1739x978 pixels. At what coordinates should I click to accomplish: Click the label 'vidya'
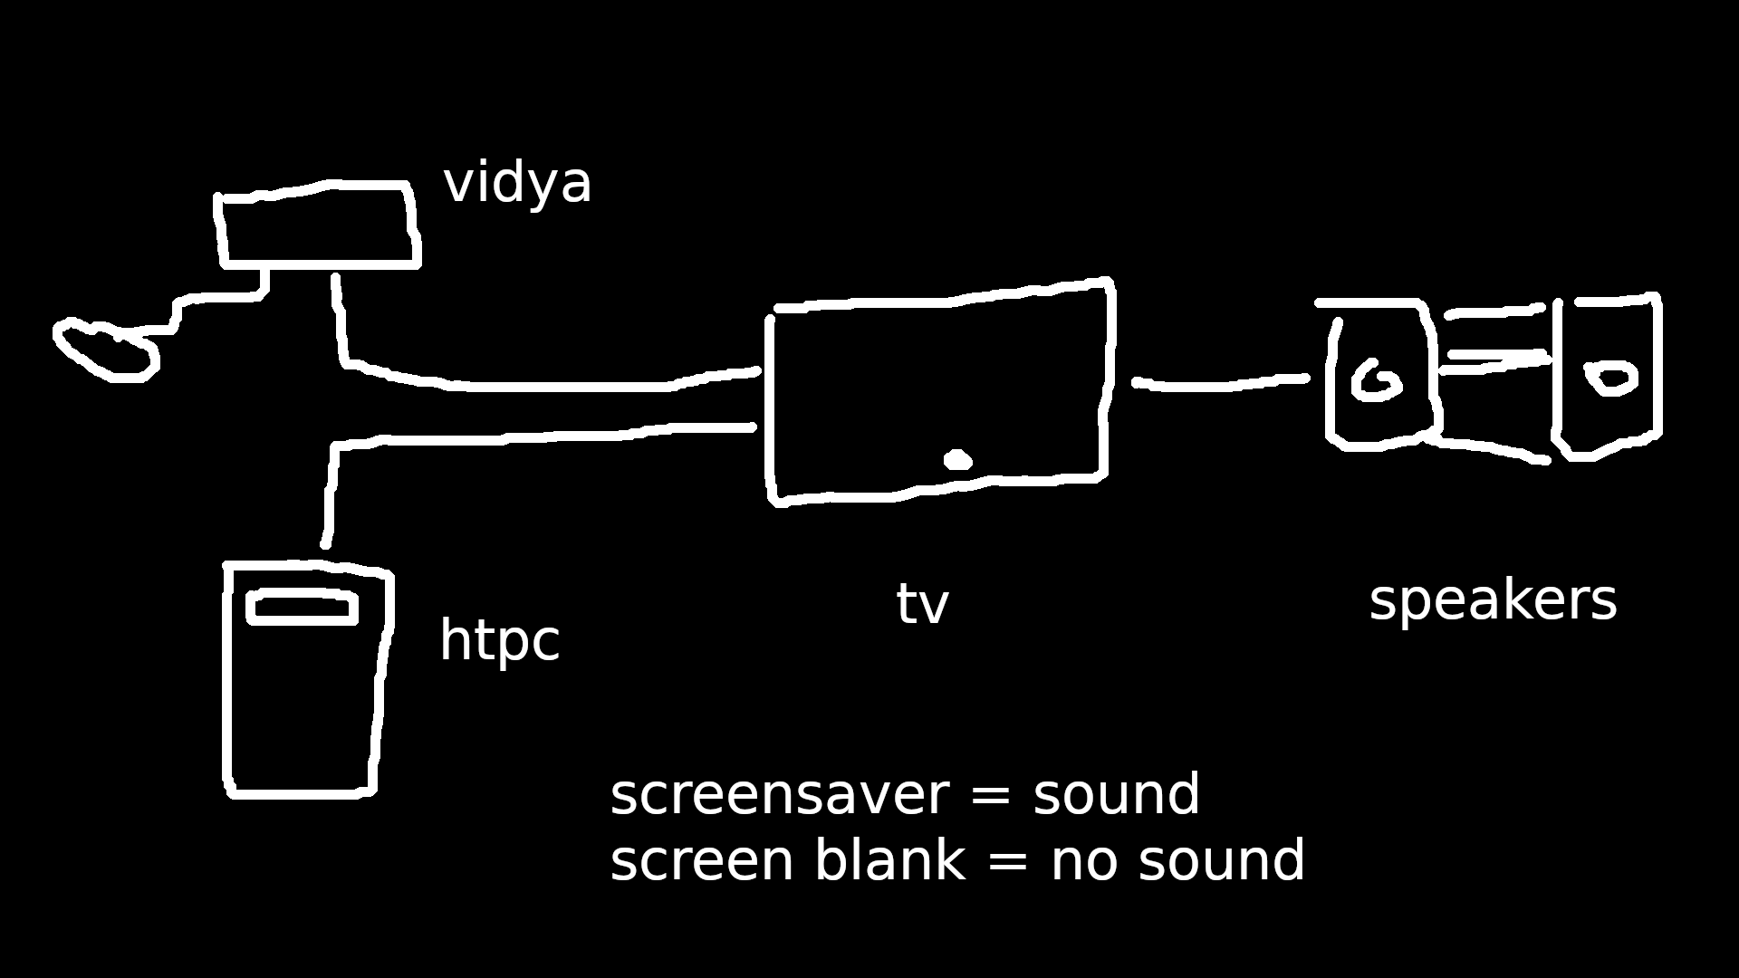point(517,183)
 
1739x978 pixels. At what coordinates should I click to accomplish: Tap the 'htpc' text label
point(499,642)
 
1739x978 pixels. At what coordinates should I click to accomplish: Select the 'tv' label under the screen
point(922,605)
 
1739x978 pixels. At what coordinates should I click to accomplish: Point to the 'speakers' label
point(1492,600)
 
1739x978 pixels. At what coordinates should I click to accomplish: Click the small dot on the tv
point(957,460)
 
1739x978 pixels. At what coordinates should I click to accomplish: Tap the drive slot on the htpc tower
point(302,608)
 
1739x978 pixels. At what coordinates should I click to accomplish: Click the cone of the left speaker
point(1377,381)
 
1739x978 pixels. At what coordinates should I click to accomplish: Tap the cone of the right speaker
point(1612,378)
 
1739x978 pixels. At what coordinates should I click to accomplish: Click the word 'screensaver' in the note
point(779,796)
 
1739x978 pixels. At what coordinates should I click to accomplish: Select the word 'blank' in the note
point(889,860)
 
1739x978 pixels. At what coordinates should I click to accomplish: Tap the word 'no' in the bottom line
point(1084,861)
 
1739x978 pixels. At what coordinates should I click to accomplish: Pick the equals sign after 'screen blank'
point(1007,861)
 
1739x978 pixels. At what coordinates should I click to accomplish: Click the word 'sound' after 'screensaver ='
point(1116,796)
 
